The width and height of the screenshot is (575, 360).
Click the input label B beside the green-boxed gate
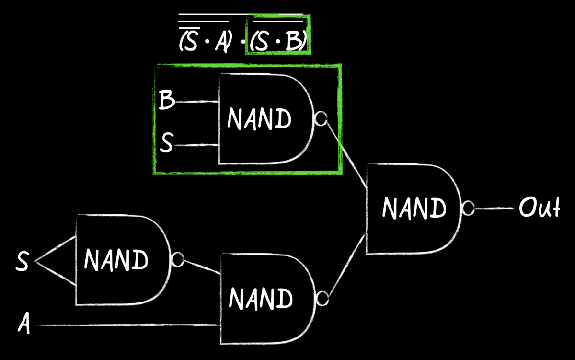166,101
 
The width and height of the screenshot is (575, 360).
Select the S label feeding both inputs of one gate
23,262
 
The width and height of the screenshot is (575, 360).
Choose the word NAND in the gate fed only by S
116,260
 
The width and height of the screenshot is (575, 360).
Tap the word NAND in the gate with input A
261,299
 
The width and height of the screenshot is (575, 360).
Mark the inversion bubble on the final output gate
468,209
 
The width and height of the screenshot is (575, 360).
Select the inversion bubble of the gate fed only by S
177,260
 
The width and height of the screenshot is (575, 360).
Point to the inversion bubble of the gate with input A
322,299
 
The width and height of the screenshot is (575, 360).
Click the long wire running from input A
125,325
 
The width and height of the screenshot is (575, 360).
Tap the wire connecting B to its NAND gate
197,102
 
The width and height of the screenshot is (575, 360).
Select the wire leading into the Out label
496,209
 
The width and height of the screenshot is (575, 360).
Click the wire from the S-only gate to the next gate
201,267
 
